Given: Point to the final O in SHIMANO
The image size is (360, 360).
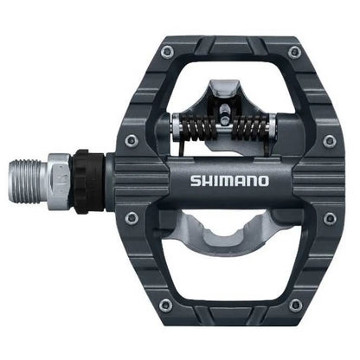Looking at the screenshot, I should pos(265,183).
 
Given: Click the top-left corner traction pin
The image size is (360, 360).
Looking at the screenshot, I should pos(164,54).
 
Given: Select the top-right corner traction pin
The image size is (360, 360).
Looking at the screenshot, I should pos(296,54).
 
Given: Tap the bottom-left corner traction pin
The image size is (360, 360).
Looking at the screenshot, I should pos(164,304).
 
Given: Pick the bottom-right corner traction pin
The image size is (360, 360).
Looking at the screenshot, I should pos(296,304).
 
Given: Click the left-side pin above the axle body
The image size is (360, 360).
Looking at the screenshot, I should pos(131,139).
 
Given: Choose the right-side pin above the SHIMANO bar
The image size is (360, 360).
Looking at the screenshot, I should pos(329,139).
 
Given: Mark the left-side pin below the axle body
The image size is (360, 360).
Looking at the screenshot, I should pos(131,218).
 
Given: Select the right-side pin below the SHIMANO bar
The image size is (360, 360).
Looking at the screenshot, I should pos(329,218).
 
